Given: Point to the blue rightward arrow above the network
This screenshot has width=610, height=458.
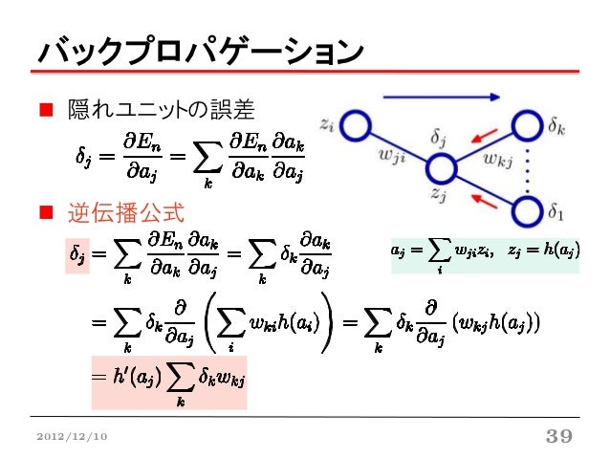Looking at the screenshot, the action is click(441, 97).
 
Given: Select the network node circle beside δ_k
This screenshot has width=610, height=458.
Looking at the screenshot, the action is click(530, 125).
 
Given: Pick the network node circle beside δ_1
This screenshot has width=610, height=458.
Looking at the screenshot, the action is click(530, 207).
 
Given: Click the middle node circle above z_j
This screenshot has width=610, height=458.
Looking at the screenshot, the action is click(443, 169).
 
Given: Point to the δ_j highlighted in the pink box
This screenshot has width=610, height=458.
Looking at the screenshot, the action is click(76, 255).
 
